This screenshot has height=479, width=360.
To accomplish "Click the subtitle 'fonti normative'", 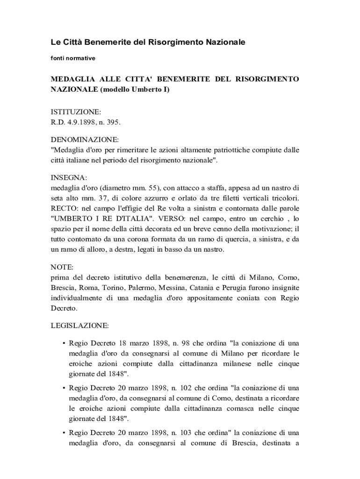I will [72, 58].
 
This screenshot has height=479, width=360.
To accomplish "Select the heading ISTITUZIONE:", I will [75, 112].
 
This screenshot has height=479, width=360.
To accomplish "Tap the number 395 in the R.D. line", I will [114, 122].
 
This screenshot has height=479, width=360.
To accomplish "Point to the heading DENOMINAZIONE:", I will [85, 140].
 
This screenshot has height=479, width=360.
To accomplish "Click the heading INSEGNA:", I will [68, 178].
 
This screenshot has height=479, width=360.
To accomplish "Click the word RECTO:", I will [64, 209].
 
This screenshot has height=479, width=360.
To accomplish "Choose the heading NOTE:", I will [62, 267].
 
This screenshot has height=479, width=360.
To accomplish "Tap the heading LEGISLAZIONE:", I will [79, 325].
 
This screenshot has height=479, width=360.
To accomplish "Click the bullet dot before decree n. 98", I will [63, 343].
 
